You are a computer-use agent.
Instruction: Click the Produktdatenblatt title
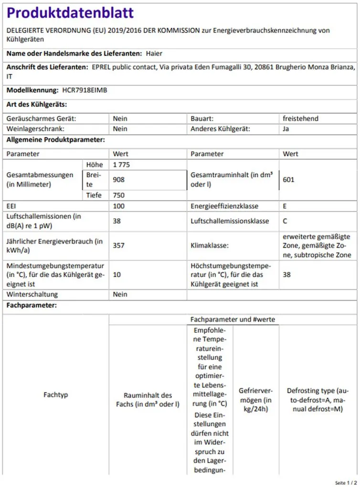[x=70, y=13]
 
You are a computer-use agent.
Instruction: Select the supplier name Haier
[x=154, y=53]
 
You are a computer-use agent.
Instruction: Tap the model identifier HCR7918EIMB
[x=85, y=90]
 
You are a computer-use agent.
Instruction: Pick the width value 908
[x=119, y=180]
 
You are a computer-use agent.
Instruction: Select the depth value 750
[x=119, y=195]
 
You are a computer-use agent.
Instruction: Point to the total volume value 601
[x=289, y=180]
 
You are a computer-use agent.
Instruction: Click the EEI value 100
[x=119, y=206]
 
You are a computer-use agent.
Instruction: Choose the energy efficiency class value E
[x=285, y=206]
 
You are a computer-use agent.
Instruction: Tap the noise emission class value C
[x=285, y=221]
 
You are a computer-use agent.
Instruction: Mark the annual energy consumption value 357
[x=119, y=245]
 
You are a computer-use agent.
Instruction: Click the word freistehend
[x=300, y=118]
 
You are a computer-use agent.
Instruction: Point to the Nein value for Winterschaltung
[x=120, y=294]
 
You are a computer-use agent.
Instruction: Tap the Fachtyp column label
[x=56, y=395]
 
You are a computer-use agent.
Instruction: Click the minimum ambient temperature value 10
[x=116, y=275]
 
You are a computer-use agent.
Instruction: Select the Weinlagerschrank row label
[x=35, y=128]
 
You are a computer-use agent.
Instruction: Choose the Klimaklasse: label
[x=210, y=245]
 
